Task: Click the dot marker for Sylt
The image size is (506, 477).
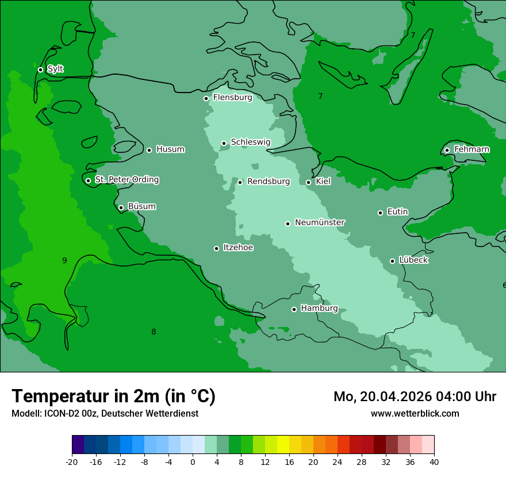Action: click(40, 70)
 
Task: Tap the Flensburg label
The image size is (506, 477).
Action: click(232, 98)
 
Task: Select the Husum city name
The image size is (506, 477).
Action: click(170, 149)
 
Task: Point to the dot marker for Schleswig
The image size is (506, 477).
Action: click(224, 143)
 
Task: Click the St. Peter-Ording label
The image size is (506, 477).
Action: click(126, 180)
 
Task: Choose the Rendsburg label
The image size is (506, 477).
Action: click(269, 182)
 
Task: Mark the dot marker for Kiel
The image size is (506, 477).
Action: click(308, 182)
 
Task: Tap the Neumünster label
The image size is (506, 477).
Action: click(320, 222)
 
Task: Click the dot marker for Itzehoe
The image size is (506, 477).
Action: click(216, 248)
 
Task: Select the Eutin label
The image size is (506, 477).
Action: click(397, 212)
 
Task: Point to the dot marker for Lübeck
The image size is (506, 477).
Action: click(392, 261)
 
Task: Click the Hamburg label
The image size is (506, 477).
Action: click(319, 309)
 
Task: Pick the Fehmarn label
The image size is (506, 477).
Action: click(471, 149)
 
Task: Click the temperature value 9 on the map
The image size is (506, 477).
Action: click(64, 261)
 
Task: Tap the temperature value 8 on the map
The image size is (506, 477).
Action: click(154, 332)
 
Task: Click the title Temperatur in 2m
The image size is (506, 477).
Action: click(113, 397)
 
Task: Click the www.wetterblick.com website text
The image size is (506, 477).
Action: click(415, 413)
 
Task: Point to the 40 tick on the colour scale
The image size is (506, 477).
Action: click(434, 461)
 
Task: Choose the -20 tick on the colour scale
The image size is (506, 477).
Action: click(72, 461)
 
